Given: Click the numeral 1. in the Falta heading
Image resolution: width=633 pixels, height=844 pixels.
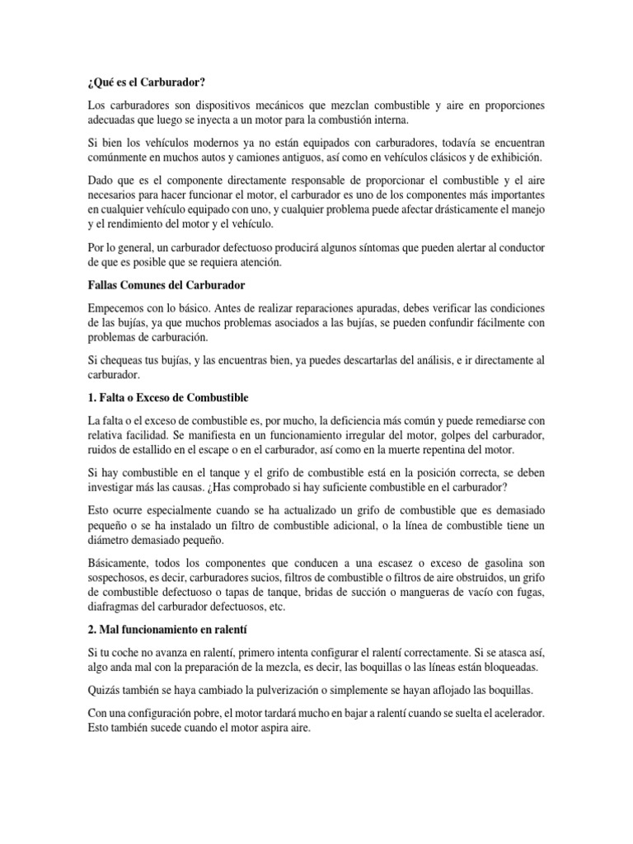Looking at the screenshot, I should [92, 397].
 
